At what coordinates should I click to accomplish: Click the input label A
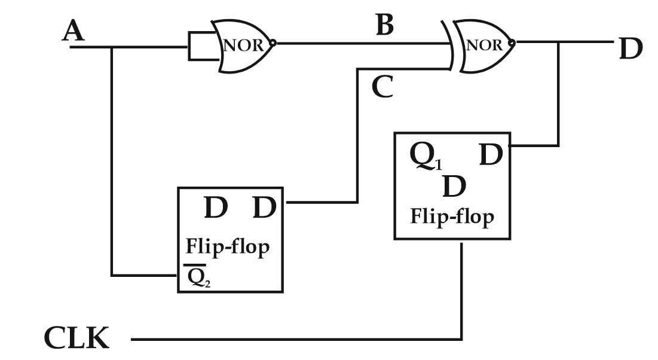coord(74,31)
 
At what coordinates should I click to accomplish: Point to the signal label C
coord(382,87)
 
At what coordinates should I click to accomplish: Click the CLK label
coord(76,338)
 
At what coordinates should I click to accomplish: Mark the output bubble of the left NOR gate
coord(273,43)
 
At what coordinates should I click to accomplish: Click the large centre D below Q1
coord(454,187)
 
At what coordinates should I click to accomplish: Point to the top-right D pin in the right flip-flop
coord(492,155)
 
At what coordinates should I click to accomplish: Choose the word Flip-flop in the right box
coord(452,216)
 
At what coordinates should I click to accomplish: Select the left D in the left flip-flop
coord(216,208)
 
